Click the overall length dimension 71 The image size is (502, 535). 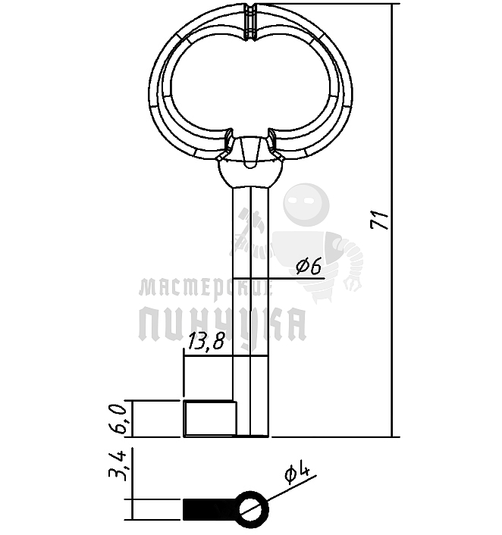(379, 221)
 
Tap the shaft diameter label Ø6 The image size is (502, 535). (309, 266)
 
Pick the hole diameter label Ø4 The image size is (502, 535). (296, 474)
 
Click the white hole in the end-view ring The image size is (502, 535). (253, 510)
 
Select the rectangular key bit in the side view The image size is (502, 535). (210, 418)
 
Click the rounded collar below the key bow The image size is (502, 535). (250, 173)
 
